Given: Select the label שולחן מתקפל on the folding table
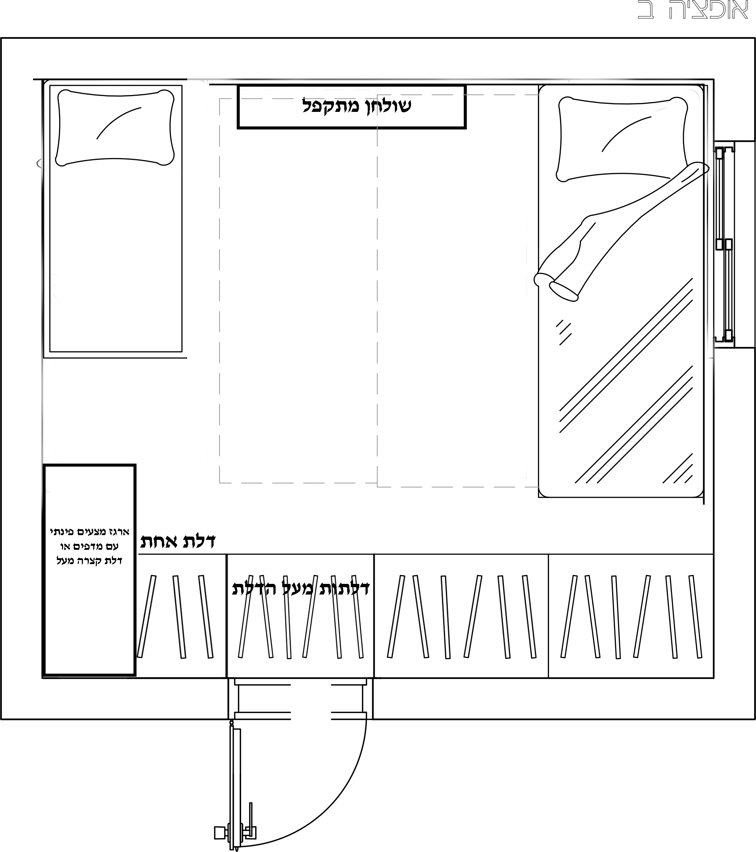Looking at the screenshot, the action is click(x=356, y=106).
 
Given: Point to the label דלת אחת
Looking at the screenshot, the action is click(x=178, y=541).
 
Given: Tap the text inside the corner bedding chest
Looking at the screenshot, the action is click(x=90, y=546).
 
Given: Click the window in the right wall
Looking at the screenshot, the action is click(x=724, y=244).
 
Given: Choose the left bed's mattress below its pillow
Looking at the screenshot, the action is click(x=116, y=259).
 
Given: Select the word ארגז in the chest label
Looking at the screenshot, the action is click(x=119, y=532).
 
